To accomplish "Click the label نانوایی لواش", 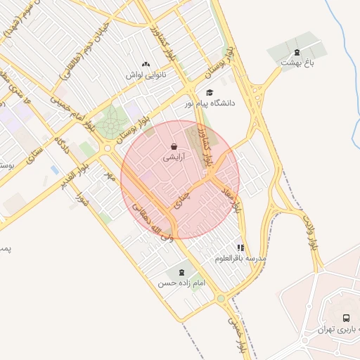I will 144,75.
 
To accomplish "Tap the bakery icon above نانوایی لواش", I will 146,64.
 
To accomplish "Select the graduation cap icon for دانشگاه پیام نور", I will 209,92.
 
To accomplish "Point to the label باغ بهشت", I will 295,63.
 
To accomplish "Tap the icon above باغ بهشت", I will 297,52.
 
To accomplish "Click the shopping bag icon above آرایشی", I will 173,147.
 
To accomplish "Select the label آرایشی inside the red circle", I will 174,158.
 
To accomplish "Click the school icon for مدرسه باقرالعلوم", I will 241,247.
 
